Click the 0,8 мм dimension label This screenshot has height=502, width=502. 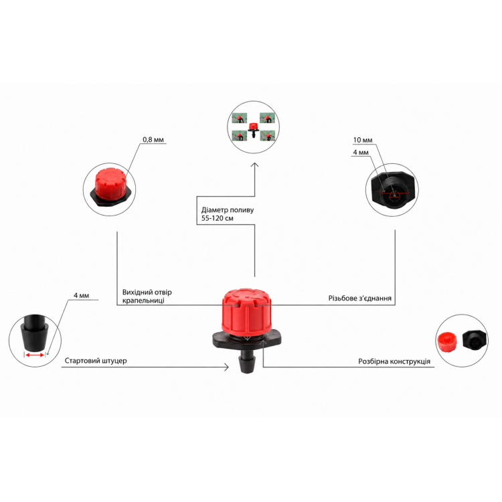[153, 140]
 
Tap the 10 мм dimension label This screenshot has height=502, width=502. [363, 140]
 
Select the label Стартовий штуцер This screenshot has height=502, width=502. [96, 361]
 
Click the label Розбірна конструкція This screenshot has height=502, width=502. [394, 361]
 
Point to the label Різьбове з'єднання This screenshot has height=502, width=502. [360, 298]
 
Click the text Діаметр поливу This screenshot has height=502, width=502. [228, 210]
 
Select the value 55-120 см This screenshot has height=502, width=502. [218, 218]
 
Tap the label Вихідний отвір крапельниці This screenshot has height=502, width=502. [147, 296]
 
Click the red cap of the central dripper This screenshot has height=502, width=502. [247, 309]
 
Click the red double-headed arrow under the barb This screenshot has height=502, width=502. [35, 355]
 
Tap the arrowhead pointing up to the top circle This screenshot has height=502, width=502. [254, 165]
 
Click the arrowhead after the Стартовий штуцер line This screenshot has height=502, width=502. [226, 367]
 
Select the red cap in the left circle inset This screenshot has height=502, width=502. [109, 183]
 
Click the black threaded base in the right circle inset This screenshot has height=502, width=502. [392, 189]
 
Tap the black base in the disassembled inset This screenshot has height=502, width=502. [475, 340]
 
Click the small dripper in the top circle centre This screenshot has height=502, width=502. [253, 129]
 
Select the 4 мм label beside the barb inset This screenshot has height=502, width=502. [81, 295]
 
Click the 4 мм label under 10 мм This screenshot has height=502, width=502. [361, 153]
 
